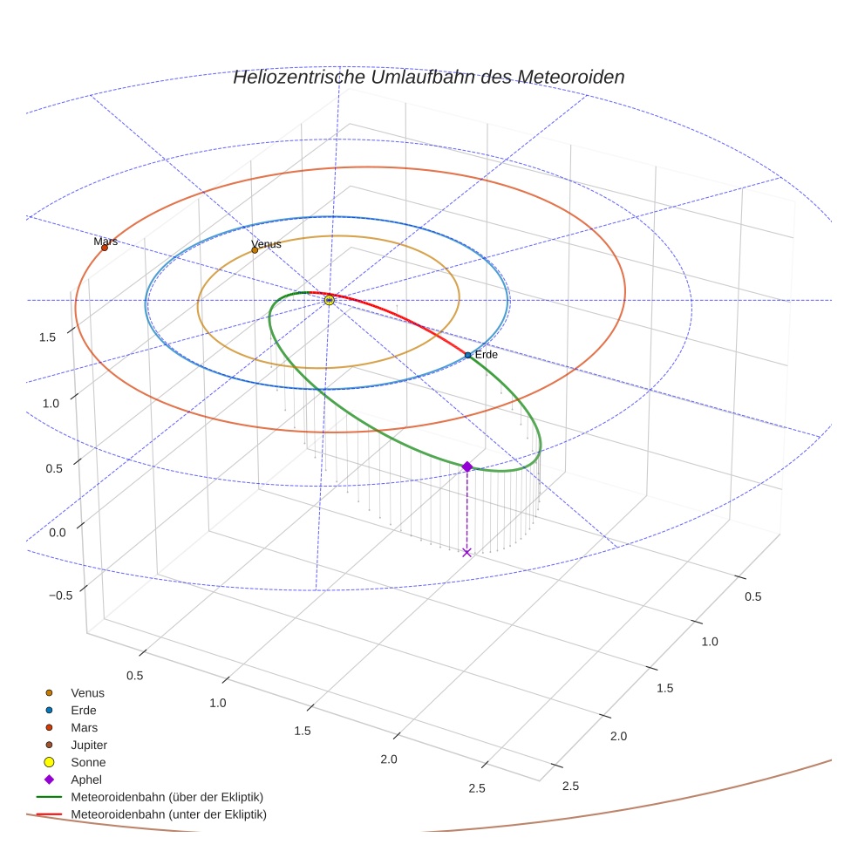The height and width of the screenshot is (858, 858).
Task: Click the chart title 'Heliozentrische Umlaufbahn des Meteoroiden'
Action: (x=428, y=77)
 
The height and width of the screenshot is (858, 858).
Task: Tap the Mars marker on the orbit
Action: (x=105, y=248)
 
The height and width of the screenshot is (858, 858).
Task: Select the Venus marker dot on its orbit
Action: (x=255, y=250)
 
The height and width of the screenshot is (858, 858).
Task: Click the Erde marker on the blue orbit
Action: (x=468, y=355)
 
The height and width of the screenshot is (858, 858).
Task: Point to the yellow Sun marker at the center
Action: (x=330, y=300)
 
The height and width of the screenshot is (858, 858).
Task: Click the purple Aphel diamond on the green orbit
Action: (x=466, y=467)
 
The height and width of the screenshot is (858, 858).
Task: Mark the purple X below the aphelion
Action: (x=466, y=552)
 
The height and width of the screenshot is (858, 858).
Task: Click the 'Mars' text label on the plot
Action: (x=106, y=241)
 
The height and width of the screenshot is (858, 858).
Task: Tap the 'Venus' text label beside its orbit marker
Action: (x=266, y=244)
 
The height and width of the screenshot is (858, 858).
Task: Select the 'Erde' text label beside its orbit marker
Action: (x=486, y=355)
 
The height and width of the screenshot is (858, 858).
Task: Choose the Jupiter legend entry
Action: (x=89, y=745)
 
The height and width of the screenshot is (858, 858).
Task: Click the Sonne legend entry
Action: (x=88, y=762)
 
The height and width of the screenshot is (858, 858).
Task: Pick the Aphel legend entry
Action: (x=87, y=780)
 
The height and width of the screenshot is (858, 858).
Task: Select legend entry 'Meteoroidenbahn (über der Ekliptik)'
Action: (x=167, y=797)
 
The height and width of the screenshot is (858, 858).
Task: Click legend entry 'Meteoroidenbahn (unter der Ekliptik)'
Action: (x=168, y=814)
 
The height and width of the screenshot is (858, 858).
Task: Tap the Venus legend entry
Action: (x=87, y=692)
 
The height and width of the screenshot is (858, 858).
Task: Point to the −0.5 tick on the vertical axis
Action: (x=60, y=595)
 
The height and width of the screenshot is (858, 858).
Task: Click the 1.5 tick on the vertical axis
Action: (x=49, y=337)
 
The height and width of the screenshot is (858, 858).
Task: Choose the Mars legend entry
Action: (x=85, y=727)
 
